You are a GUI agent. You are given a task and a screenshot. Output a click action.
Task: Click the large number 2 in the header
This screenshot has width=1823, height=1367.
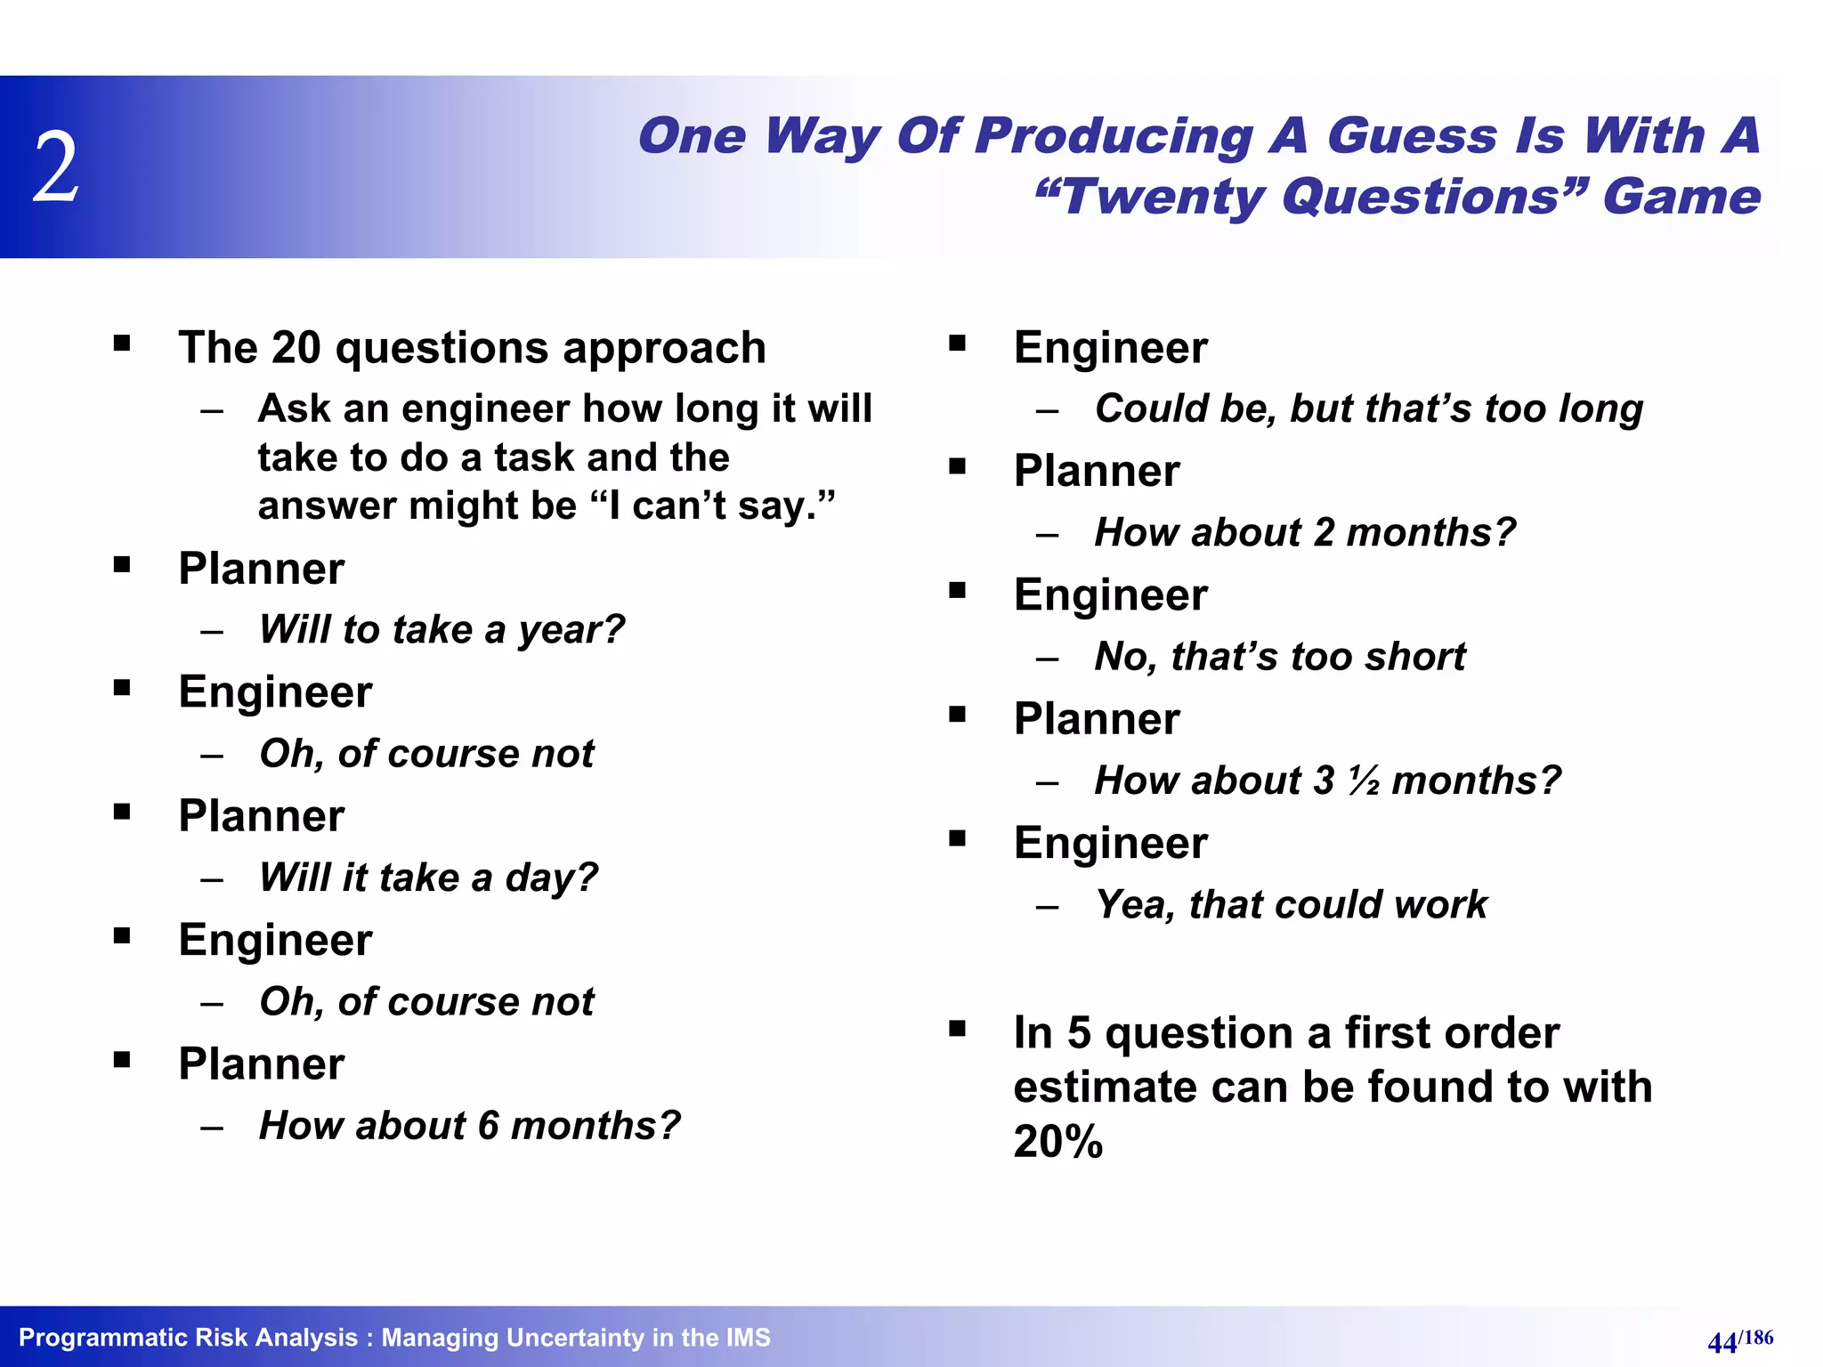[x=56, y=166]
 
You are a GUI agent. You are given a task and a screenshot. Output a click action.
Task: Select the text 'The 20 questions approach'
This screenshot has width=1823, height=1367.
[x=472, y=347]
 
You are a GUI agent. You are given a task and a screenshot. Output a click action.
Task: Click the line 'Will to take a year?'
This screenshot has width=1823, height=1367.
[x=442, y=630]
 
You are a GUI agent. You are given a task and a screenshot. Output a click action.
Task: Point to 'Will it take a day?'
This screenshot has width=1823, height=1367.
[x=428, y=878]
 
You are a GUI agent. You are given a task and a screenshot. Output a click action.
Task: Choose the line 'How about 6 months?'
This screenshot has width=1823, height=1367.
[x=469, y=1126]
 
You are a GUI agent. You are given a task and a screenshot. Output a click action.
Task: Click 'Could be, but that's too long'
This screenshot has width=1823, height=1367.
[x=1368, y=408]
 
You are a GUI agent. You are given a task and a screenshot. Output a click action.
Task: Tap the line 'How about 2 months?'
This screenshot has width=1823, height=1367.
[x=1304, y=533]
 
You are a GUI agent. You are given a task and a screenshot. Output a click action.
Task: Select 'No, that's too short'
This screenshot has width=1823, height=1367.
[x=1279, y=657]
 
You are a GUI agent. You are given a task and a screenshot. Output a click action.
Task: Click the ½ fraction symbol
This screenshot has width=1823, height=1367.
[x=1363, y=781]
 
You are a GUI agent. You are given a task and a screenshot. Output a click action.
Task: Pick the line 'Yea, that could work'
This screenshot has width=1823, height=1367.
[x=1291, y=905]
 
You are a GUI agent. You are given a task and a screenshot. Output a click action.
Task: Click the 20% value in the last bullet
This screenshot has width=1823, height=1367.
[x=1057, y=1142]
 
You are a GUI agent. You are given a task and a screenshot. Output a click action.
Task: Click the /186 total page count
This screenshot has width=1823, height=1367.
[x=1755, y=1338]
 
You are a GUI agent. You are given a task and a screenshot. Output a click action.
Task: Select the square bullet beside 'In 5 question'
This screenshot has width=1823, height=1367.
[x=957, y=1030]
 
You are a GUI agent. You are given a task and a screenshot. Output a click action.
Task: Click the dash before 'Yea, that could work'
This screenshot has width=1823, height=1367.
[x=1047, y=907]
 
